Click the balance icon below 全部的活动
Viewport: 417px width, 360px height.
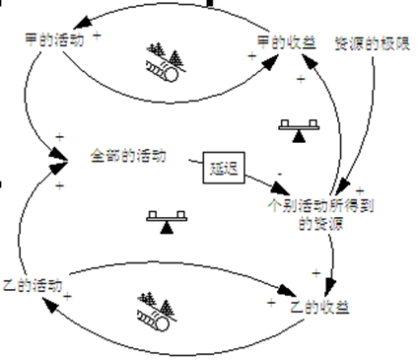click(165, 223)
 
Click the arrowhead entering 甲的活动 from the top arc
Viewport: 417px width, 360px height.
click(60, 29)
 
